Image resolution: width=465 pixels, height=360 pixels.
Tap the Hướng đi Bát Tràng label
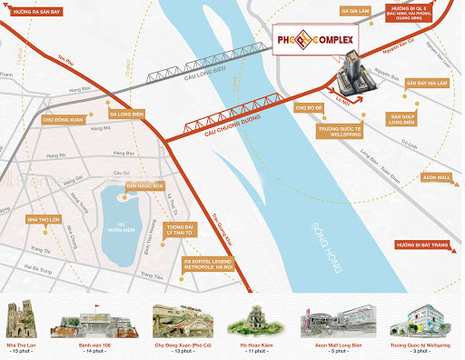point(427,245)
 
